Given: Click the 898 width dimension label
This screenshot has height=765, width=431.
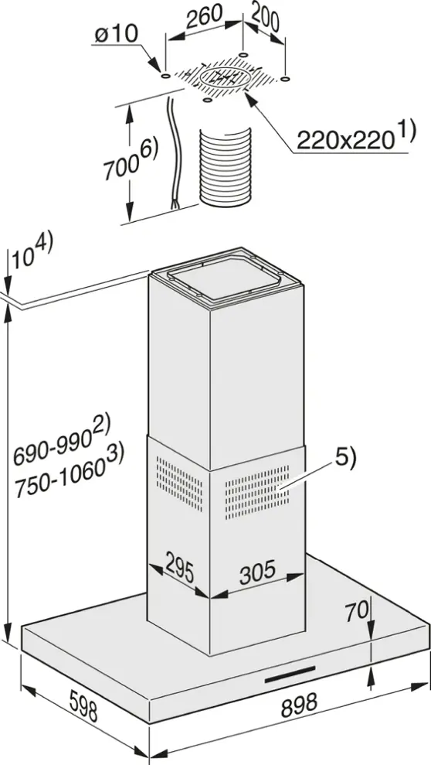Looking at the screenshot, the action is pyautogui.click(x=299, y=704).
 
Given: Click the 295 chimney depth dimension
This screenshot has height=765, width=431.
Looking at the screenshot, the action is pyautogui.click(x=179, y=568).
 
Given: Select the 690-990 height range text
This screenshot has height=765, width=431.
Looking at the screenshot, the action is pyautogui.click(x=62, y=442).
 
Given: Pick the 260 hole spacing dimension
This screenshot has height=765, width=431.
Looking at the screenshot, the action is pyautogui.click(x=205, y=16).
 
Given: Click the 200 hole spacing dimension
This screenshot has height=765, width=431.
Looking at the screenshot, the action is pyautogui.click(x=266, y=19).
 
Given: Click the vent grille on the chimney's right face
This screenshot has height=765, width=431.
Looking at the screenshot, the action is pyautogui.click(x=256, y=492).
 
